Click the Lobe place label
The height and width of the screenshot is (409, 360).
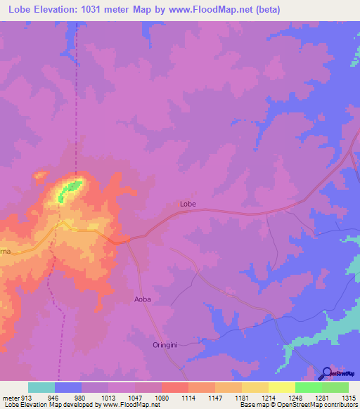coord(188,204)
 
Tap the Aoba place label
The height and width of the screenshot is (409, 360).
coord(143,299)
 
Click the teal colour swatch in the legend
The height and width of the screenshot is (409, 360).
coord(41,387)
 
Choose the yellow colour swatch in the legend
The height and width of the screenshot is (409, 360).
coord(282,387)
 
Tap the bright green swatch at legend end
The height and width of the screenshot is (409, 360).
coord(335,387)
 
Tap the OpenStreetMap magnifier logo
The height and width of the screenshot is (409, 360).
coord(326,373)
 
